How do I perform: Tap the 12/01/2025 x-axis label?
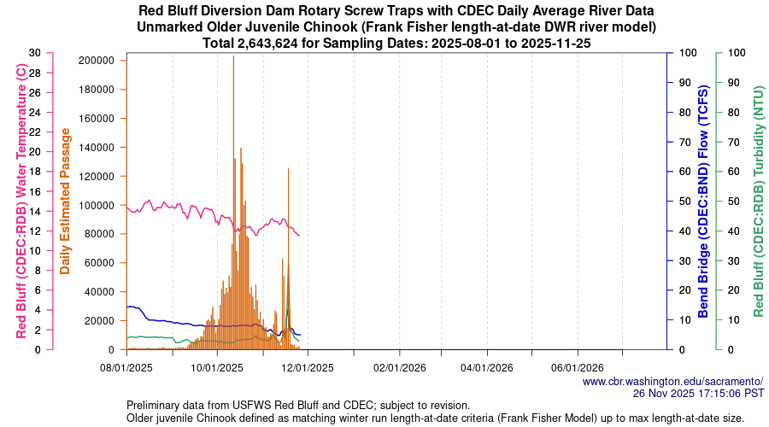[x=307, y=368]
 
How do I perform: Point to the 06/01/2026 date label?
[x=578, y=368]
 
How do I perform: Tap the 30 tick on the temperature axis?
[x=34, y=52]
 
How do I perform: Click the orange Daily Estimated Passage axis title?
[x=66, y=201]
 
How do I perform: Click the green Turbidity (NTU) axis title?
[x=758, y=201]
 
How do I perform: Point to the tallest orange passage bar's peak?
[x=233, y=56]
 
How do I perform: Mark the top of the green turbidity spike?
[x=288, y=265]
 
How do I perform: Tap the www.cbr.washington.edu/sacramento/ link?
[x=672, y=381]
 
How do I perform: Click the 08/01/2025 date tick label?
[x=126, y=368]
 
